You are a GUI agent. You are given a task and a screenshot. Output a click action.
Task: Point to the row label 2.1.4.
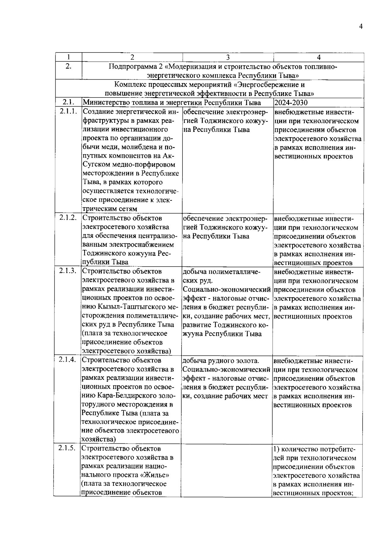click(x=68, y=360)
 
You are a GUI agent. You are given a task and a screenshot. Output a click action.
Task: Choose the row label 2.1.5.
click(x=67, y=448)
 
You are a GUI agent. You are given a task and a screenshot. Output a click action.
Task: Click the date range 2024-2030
click(x=291, y=103)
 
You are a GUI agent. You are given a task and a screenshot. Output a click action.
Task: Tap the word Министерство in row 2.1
click(x=103, y=103)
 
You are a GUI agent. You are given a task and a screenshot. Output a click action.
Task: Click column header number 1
click(x=69, y=57)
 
